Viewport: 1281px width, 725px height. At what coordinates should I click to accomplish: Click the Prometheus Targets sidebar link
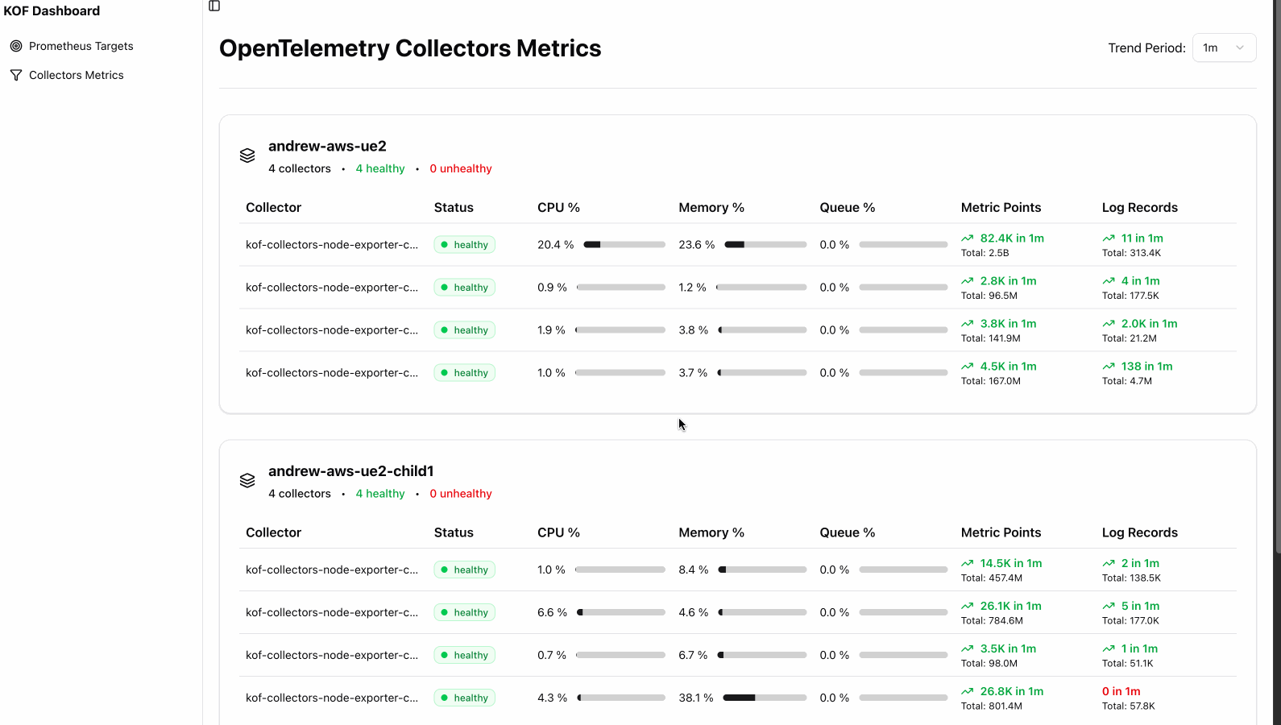pos(81,46)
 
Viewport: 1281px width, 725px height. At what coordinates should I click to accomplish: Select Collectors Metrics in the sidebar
pos(76,75)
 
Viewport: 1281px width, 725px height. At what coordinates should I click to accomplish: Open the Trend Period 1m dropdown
pos(1223,48)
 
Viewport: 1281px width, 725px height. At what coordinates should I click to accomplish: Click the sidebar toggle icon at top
pos(214,6)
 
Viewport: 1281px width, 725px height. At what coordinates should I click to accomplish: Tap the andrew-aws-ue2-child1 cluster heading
pos(350,471)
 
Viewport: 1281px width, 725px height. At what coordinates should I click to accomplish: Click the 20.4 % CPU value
pos(555,245)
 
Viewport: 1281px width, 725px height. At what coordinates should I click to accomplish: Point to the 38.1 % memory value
pos(695,698)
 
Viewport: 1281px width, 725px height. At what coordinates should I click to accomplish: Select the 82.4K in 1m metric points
pos(1011,238)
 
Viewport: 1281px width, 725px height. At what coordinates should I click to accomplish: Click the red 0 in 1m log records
pos(1121,691)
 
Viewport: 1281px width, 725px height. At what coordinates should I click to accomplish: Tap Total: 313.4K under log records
pos(1131,253)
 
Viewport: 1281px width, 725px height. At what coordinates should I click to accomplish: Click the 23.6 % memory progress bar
pos(765,245)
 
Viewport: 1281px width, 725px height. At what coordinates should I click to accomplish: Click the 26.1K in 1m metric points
pos(1010,606)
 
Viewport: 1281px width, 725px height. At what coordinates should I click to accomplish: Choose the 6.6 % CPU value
pos(552,612)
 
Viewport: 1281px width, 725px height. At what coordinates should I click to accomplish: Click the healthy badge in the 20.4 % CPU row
pos(464,245)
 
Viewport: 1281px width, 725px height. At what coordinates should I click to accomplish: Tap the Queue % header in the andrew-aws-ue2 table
pos(847,207)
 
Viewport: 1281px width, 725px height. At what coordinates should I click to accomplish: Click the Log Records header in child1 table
pos(1139,532)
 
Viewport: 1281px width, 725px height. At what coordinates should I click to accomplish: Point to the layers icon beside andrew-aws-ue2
pos(247,155)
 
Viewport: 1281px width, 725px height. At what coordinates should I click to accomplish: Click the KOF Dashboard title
pos(52,10)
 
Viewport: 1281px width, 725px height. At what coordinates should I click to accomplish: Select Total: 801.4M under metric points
pos(991,706)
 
